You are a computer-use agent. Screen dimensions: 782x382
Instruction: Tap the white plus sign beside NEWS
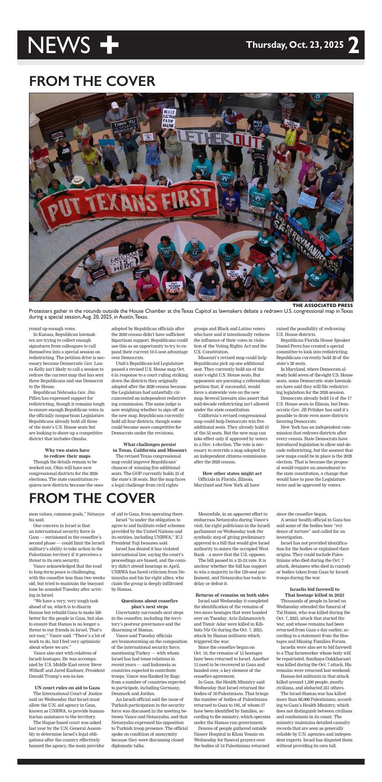point(109,45)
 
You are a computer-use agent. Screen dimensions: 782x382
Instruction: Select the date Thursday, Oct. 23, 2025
point(295,45)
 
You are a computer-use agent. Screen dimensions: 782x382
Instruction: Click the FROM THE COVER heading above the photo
point(92,81)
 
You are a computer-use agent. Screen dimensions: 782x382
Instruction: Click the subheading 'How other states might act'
point(232,473)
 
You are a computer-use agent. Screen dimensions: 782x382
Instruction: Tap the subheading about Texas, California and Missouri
point(149,447)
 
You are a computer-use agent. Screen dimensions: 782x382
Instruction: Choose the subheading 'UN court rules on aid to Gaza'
point(67,687)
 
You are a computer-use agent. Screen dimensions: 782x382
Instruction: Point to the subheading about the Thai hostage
point(314,592)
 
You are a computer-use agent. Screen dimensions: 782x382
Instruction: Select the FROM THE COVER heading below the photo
point(92,498)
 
